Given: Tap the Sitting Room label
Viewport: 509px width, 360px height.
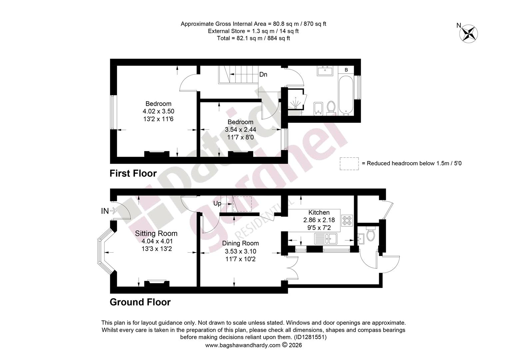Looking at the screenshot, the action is pyautogui.click(x=156, y=233).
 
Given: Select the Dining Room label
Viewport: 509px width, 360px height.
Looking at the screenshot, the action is pyautogui.click(x=241, y=243).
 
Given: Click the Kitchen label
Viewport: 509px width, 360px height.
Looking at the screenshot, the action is pyautogui.click(x=319, y=212).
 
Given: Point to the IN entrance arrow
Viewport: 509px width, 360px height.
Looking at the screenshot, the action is pyautogui.click(x=113, y=211).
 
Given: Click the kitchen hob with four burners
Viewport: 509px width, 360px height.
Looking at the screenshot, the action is pyautogui.click(x=347, y=220).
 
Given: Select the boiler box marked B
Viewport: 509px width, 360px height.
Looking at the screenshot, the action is pyautogui.click(x=346, y=70).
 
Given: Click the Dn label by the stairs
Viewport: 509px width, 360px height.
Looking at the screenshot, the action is pyautogui.click(x=263, y=74).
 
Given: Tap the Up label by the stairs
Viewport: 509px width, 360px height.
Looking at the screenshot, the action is pyautogui.click(x=217, y=204).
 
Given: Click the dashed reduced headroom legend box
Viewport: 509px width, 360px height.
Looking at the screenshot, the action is pyautogui.click(x=349, y=164).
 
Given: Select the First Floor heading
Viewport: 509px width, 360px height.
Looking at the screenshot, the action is pyautogui.click(x=133, y=173).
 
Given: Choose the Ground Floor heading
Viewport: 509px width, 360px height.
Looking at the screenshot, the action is pyautogui.click(x=140, y=302).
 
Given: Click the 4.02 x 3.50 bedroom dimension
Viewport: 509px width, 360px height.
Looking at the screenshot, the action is pyautogui.click(x=158, y=111).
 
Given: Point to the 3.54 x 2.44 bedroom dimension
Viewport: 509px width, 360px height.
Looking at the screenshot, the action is pyautogui.click(x=241, y=129).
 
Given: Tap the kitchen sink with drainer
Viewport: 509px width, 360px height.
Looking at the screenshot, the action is pyautogui.click(x=326, y=239).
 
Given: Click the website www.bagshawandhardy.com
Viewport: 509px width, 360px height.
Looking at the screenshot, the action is pyautogui.click(x=243, y=345).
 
